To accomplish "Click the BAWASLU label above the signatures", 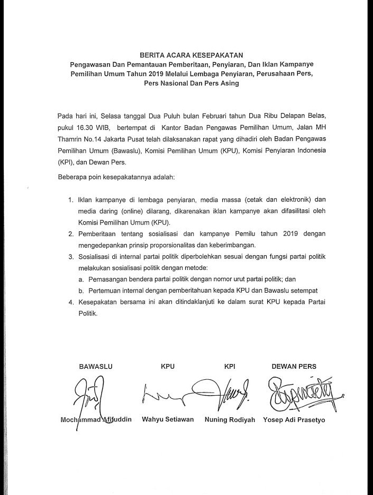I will pyautogui.click(x=96, y=366).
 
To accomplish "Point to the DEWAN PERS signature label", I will pyautogui.click(x=294, y=366).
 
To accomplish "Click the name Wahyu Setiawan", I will pyautogui.click(x=168, y=419).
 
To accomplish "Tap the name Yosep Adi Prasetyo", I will pyautogui.click(x=297, y=419).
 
